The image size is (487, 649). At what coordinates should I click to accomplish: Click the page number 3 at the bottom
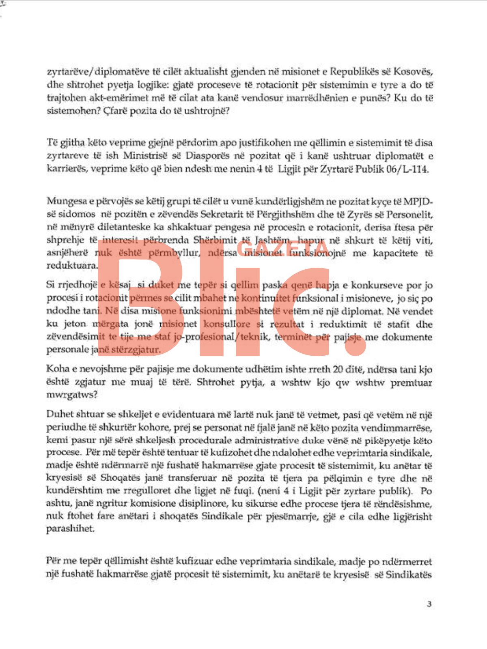[429, 604]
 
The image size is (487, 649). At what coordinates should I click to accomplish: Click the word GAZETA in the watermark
[282, 248]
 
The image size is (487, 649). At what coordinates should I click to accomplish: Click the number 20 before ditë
[338, 370]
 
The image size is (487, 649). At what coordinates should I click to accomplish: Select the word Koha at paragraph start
[58, 370]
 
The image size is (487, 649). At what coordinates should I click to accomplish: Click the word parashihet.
[70, 529]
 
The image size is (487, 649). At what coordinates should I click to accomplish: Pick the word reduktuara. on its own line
[72, 266]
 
